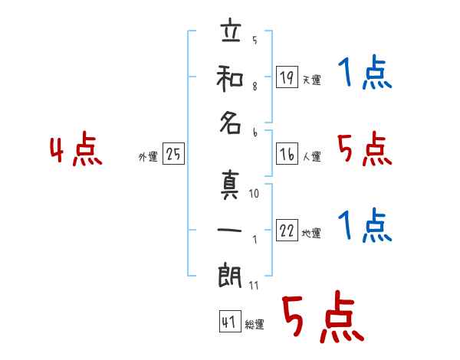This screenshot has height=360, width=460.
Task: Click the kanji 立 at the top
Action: point(232,30)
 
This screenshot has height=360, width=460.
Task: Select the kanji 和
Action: point(230,79)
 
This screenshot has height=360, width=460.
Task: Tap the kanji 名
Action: point(230,123)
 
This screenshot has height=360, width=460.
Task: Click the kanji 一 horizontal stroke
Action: point(229,230)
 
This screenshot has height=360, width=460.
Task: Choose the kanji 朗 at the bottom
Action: point(230,276)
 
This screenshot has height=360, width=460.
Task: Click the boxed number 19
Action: point(287,77)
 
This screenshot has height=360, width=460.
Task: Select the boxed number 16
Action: point(287,154)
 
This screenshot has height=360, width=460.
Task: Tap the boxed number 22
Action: point(287,230)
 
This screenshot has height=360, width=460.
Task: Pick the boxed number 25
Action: point(173,153)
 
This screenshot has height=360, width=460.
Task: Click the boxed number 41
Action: point(230,321)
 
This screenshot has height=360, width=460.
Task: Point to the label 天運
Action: point(312,80)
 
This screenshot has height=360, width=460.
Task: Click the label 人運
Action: point(312,156)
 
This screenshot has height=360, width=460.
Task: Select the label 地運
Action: point(311,234)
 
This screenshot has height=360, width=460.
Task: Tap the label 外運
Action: point(148,156)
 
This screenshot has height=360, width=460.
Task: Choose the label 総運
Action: point(255,324)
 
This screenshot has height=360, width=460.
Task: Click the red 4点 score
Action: point(76,149)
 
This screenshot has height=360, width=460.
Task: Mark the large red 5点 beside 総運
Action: point(323,316)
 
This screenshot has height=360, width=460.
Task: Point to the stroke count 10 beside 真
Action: point(254,193)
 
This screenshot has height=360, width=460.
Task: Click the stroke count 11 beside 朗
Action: point(254,285)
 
